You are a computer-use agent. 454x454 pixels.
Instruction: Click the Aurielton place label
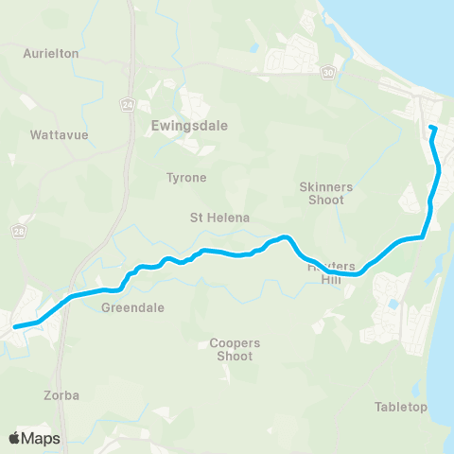pos(51,54)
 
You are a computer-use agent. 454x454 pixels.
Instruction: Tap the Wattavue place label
pos(59,135)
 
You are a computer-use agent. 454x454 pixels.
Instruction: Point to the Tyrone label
pos(186,177)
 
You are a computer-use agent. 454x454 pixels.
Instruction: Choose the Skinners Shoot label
pos(325,193)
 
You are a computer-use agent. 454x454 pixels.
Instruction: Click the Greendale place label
pos(133,307)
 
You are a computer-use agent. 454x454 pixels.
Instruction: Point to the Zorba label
pos(61,394)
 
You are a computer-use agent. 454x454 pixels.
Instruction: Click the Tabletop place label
pos(401,408)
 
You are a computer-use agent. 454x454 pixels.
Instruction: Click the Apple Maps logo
pos(35,438)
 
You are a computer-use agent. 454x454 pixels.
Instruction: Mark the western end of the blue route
pos(13,327)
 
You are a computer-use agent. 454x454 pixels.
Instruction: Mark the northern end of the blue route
pos(431,128)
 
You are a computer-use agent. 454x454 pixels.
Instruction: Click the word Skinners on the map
pos(325,187)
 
